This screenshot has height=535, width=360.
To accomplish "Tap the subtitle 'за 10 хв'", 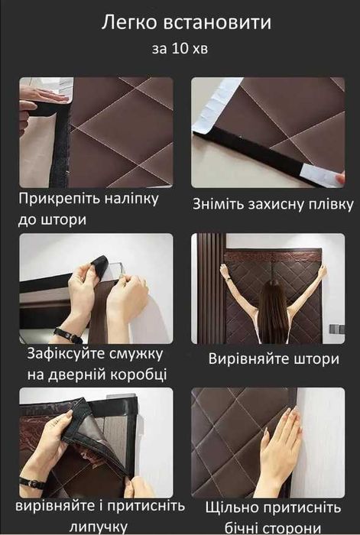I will pyautogui.click(x=180, y=50).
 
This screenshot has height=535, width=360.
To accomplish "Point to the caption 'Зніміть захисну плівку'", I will pyautogui.click(x=273, y=204).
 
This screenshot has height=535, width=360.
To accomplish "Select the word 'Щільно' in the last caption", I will pyautogui.click(x=229, y=507).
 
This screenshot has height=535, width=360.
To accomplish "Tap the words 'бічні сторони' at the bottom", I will pyautogui.click(x=274, y=527).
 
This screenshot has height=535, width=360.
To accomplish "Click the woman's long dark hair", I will pyautogui.click(x=272, y=313).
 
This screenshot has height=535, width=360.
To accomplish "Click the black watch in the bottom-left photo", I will pyautogui.click(x=32, y=483).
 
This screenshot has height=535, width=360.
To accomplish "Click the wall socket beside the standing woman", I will pyautogui.click(x=333, y=328).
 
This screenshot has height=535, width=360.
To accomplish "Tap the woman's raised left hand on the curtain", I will pyautogui.click(x=225, y=270).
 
